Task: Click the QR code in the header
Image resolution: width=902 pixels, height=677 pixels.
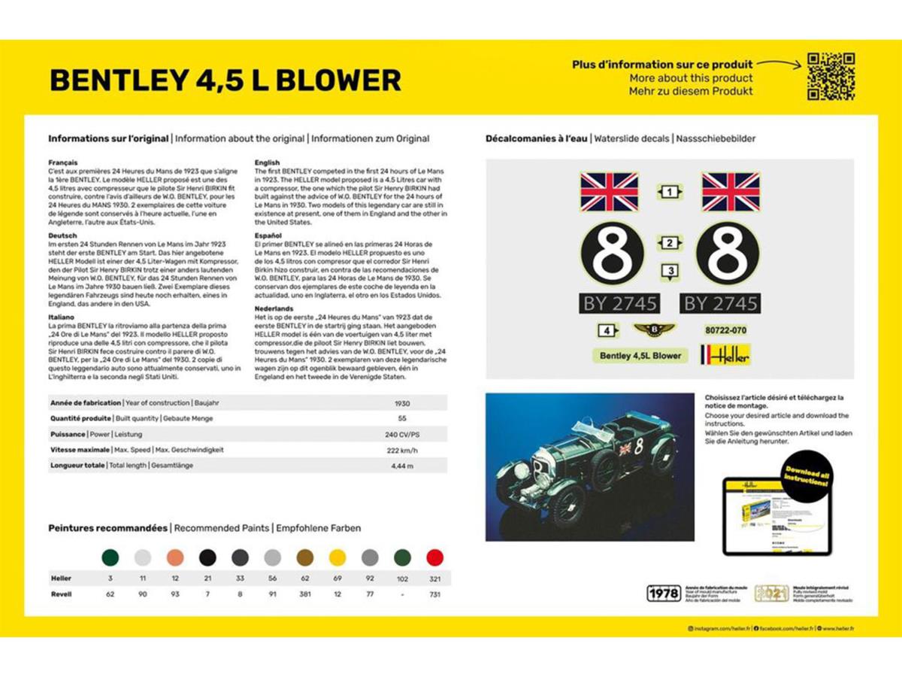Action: (831, 77)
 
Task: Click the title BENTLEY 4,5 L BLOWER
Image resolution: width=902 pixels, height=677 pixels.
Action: (225, 80)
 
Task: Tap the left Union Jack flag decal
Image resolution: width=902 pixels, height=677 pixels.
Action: (610, 192)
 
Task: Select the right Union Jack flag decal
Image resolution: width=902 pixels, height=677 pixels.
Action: (730, 192)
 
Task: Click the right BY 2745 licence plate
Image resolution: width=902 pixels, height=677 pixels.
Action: (721, 303)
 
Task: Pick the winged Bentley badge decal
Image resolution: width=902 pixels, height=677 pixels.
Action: (655, 329)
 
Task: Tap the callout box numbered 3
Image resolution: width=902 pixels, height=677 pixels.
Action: (670, 272)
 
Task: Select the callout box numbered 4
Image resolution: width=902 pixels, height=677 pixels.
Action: (607, 330)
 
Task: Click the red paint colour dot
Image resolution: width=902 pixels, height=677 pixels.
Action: (434, 557)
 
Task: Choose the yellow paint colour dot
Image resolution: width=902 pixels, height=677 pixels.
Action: (337, 557)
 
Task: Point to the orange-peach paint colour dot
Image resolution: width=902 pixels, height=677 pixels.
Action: (175, 557)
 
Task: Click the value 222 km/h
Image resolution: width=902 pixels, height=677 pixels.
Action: (402, 451)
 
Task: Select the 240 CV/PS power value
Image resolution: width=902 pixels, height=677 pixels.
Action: (402, 435)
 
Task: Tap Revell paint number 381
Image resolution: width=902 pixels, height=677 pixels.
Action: (304, 594)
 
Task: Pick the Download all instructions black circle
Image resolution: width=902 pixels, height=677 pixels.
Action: (807, 476)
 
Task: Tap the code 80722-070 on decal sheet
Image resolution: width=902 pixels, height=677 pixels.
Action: (725, 330)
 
